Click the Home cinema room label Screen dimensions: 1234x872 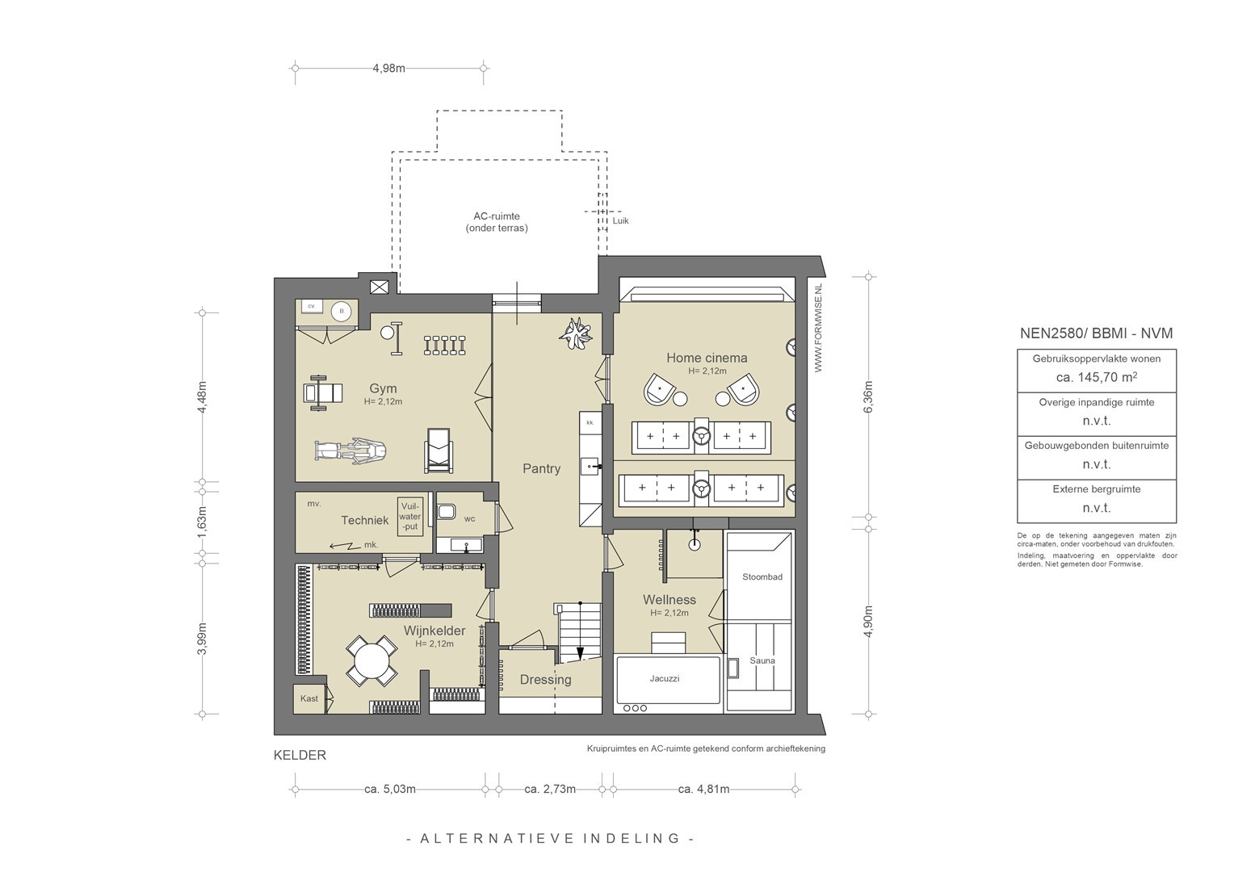coord(707,358)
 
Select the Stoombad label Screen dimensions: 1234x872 coord(762,577)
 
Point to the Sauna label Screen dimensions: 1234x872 coord(762,660)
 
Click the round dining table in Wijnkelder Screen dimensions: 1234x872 coord(371,661)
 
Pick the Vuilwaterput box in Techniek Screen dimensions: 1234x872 coord(410,517)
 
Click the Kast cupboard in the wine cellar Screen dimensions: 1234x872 coord(309,698)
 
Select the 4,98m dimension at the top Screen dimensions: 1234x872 coord(389,69)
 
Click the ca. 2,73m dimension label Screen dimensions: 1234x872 coord(550,790)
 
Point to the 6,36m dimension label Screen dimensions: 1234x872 coord(868,396)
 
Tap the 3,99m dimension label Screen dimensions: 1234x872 coord(202,639)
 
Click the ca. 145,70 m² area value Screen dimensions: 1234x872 coord(1096,377)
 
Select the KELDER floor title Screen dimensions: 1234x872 coord(300,755)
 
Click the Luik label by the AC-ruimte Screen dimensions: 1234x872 coord(620,221)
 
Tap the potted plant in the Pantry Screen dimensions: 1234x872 coord(575,333)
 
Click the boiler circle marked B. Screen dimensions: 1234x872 coord(342,311)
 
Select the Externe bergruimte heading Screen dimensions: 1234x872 coord(1096,489)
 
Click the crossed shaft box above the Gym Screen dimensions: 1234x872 coord(380,287)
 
